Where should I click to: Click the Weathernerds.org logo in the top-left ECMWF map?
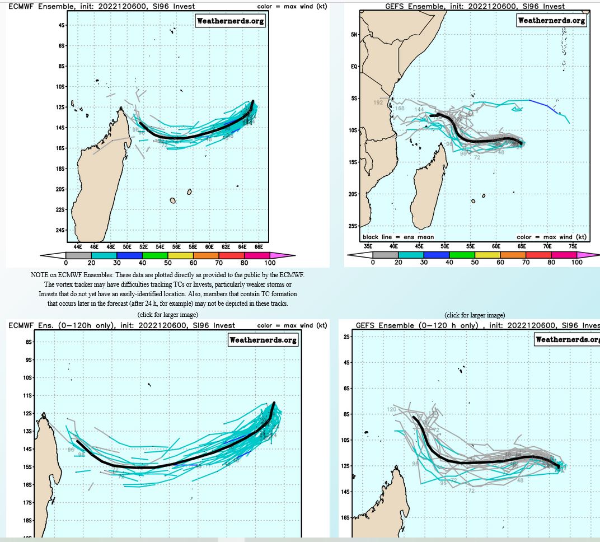pyautogui.click(x=230, y=21)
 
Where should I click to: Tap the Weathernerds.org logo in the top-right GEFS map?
pyautogui.click(x=551, y=20)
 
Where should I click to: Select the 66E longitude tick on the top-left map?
pyautogui.click(x=259, y=246)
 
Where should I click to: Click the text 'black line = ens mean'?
pyautogui.click(x=398, y=237)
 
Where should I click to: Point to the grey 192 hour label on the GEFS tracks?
pyautogui.click(x=378, y=103)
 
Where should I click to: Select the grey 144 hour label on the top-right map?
pyautogui.click(x=419, y=109)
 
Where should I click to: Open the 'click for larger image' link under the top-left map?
pyautogui.click(x=167, y=315)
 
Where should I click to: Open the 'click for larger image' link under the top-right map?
pyautogui.click(x=475, y=315)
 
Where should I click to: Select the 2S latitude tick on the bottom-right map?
pyautogui.click(x=346, y=337)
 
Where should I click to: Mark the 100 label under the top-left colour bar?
pyautogui.click(x=270, y=263)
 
